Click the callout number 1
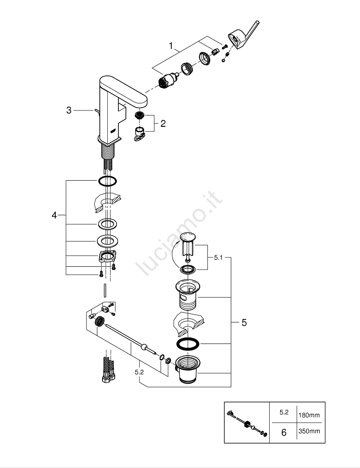coord(171,46)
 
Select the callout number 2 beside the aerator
coord(163,124)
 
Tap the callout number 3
coord(69,110)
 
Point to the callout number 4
coord(54,215)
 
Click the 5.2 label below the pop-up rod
coord(140,372)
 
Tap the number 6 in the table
coord(284,432)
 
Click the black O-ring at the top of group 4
coord(107,181)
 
